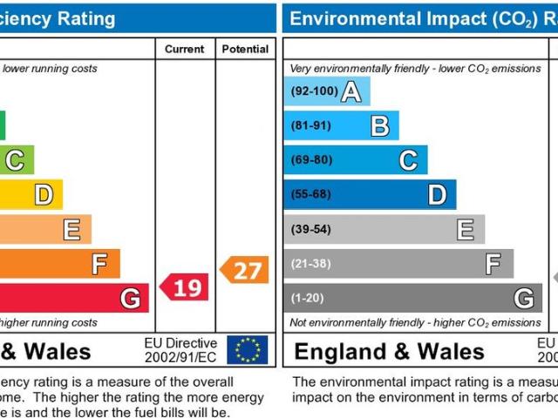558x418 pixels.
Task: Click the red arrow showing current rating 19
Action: (184, 287)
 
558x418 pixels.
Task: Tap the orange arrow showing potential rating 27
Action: (244, 270)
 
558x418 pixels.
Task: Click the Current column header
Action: (185, 50)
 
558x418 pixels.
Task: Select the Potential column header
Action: (245, 50)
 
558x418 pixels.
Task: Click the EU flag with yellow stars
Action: (247, 349)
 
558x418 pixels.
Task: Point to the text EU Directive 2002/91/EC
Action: (180, 350)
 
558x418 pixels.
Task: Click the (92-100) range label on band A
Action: (313, 91)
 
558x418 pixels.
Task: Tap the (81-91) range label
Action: (310, 125)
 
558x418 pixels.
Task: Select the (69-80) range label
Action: (311, 159)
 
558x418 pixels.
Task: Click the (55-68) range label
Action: (311, 194)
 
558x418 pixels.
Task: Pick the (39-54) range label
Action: (311, 229)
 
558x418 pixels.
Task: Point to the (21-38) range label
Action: (311, 263)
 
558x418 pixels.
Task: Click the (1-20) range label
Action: (308, 298)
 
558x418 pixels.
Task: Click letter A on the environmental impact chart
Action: (350, 91)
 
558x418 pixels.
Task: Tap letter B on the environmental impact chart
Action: (379, 126)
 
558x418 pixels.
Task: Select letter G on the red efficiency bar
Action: (130, 299)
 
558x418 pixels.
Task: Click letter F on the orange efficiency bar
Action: (100, 264)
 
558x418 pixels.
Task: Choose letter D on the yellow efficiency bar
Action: (43, 195)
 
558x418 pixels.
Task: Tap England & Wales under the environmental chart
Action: (389, 352)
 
